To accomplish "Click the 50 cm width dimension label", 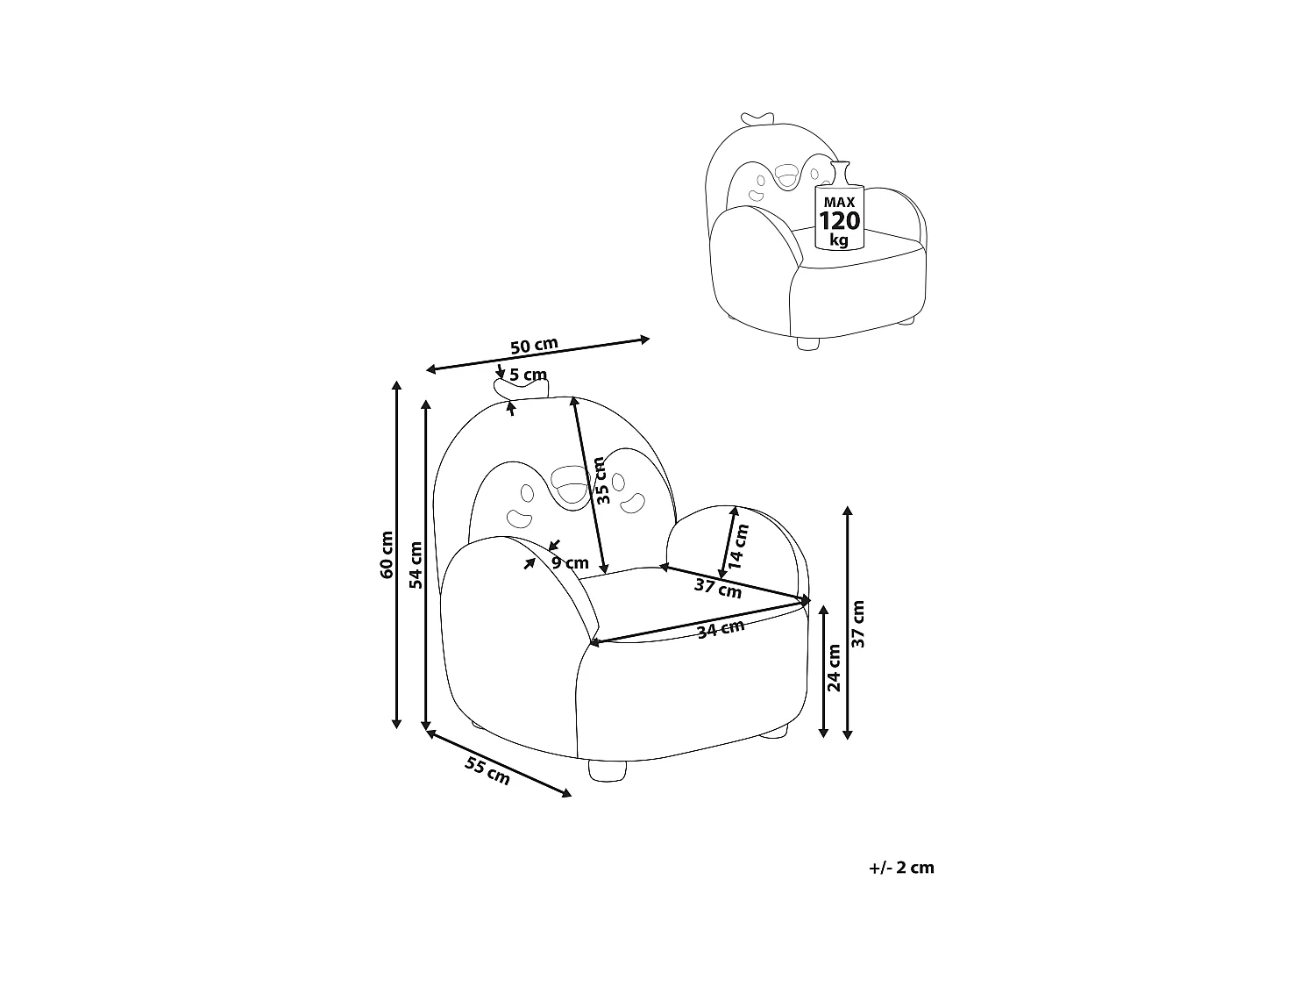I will [535, 346].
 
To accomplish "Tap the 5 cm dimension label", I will [529, 375].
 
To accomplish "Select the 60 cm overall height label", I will [387, 555].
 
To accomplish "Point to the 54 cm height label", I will [416, 564].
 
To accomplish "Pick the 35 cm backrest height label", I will [601, 480].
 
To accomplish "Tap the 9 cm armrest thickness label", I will [571, 563].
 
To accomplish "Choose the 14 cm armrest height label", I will [740, 546].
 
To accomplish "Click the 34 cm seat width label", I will [721, 628].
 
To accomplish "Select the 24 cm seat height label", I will [835, 668].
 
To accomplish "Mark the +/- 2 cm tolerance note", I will [901, 868].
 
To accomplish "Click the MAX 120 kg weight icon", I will [839, 211].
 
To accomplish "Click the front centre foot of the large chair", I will [608, 770].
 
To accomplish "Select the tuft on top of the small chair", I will [758, 118].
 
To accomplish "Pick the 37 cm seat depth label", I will [718, 589].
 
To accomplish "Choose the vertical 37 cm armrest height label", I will [859, 624].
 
